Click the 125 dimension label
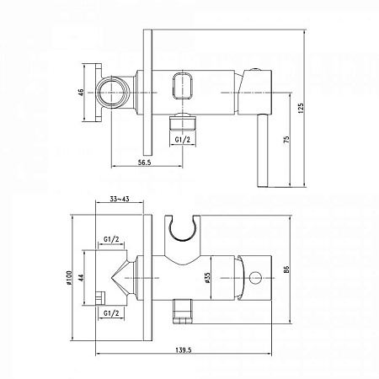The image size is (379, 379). pos(301,108)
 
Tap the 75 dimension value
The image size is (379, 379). pos(286,140)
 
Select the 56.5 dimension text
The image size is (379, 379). pos(145,163)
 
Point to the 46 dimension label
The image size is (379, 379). pos(81,93)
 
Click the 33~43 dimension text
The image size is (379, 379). pos(120,199)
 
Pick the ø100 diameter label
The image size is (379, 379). pos(69,278)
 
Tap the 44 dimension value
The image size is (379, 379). pos(81,278)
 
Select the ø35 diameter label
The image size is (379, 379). pos(207,277)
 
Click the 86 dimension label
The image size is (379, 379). pos(286,270)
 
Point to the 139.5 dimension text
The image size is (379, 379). pos(184,350)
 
